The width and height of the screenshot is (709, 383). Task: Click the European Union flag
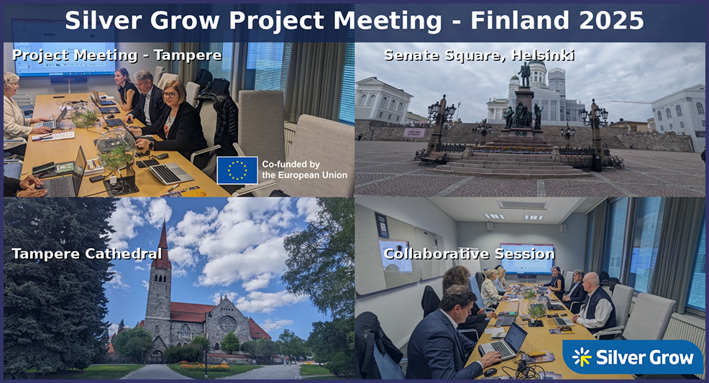point(237,170)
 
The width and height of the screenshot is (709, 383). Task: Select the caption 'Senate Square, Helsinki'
point(480,55)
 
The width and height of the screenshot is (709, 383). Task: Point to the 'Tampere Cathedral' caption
point(86,254)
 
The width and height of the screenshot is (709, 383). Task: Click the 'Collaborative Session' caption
point(469,254)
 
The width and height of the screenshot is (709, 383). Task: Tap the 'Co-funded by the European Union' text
point(305,170)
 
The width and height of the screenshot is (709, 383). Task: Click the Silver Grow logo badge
point(633,357)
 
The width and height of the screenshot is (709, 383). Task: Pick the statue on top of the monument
point(524,75)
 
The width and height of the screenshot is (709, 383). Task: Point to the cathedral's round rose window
point(227,324)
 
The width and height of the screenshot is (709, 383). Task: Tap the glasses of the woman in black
point(170,96)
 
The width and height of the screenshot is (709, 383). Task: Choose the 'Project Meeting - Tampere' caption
point(116,55)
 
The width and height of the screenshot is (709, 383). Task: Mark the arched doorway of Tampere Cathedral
point(157,356)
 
